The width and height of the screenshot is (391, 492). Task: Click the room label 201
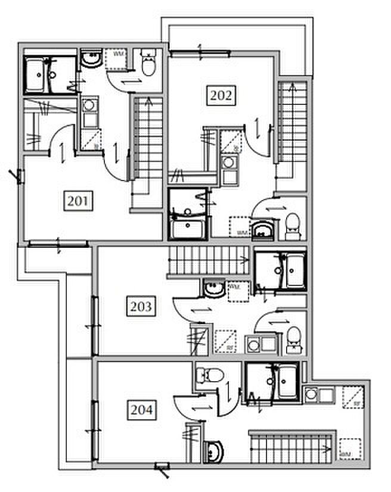click(x=79, y=201)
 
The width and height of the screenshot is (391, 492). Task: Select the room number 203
click(x=141, y=307)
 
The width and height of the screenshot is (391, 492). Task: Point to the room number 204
click(x=141, y=410)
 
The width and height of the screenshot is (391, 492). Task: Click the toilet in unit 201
click(x=148, y=63)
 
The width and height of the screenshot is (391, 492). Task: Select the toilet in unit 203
click(x=292, y=338)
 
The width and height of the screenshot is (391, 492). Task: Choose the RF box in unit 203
click(x=225, y=341)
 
